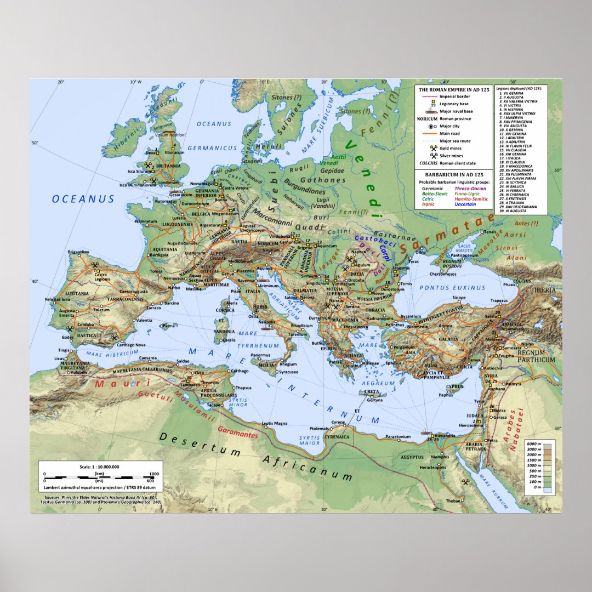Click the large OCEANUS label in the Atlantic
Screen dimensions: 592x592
coord(83,199)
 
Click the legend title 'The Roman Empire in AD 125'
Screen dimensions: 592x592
coord(453,89)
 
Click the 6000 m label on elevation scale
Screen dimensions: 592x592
coord(534,443)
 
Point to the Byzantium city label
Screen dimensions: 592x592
coord(411,317)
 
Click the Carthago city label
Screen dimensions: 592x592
coord(240,371)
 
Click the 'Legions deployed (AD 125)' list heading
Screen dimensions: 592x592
coord(519,88)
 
